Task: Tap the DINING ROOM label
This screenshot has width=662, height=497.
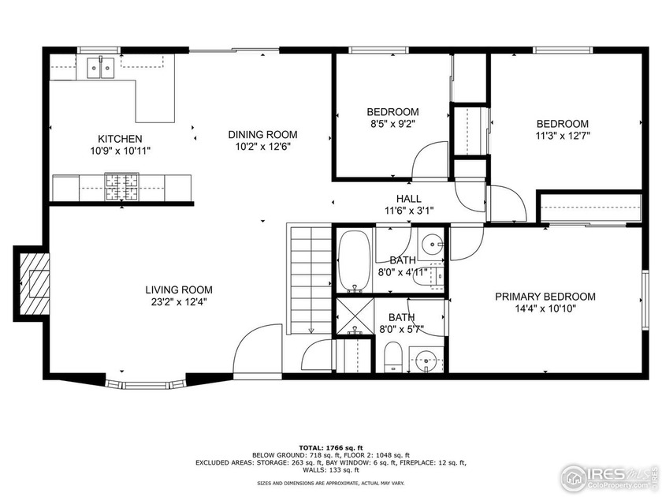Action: [x=262, y=134]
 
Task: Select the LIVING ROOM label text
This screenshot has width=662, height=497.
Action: [x=178, y=290]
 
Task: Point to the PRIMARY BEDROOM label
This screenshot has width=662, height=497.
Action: [x=545, y=297]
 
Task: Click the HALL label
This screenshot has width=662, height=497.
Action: [x=408, y=199]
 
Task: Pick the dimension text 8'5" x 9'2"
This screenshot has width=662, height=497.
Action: [x=392, y=124]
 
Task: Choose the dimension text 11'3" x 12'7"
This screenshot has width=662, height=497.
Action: [x=562, y=135]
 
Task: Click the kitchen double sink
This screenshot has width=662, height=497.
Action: [x=100, y=68]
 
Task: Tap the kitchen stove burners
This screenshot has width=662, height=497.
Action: [x=122, y=186]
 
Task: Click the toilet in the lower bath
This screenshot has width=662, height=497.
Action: [x=392, y=359]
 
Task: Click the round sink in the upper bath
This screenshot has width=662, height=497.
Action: [x=430, y=242]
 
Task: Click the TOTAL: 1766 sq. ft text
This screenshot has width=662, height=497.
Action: [x=330, y=447]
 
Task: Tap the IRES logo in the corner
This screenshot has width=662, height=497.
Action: [x=607, y=475]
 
